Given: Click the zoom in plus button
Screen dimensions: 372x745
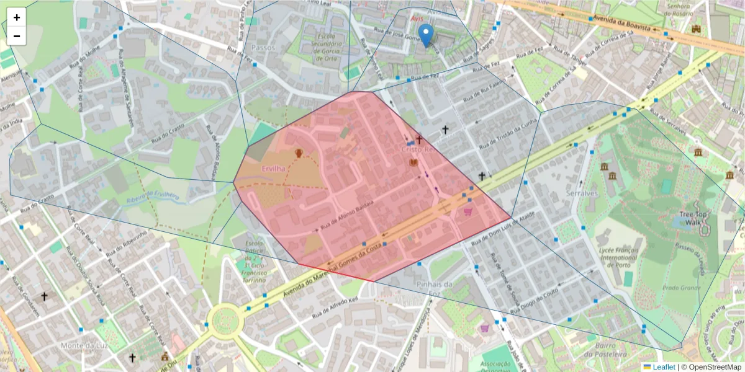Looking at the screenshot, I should coord(17,17).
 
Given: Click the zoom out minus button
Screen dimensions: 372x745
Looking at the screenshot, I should coord(17,36).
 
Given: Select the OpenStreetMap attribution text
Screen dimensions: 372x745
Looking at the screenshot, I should coord(711,367).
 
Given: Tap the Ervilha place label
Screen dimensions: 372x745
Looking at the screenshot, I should coord(273,169).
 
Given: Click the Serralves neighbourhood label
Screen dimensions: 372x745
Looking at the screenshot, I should coord(581,193).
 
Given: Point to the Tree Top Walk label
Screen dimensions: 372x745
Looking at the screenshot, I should coord(693,218).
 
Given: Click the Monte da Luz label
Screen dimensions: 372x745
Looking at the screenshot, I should coord(81,345).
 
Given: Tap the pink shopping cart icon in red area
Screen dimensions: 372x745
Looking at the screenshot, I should coord(467,211).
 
